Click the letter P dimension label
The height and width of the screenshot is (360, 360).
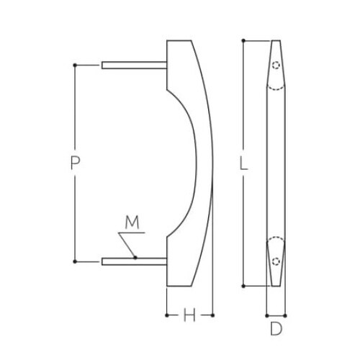tap(75, 164)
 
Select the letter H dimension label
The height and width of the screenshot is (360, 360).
tap(189, 315)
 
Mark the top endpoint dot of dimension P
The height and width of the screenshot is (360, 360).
tap(75, 66)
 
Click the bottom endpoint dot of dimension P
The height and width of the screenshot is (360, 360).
tap(75, 261)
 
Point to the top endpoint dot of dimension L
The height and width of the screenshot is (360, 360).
tap(243, 41)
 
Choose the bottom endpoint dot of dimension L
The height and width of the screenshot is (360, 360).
tap(243, 287)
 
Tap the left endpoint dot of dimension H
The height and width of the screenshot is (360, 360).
tap(167, 315)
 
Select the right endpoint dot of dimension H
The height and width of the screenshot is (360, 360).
tap(214, 315)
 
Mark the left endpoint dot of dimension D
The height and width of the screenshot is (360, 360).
tap(267, 315)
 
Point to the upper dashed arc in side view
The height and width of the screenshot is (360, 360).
tap(276, 86)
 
